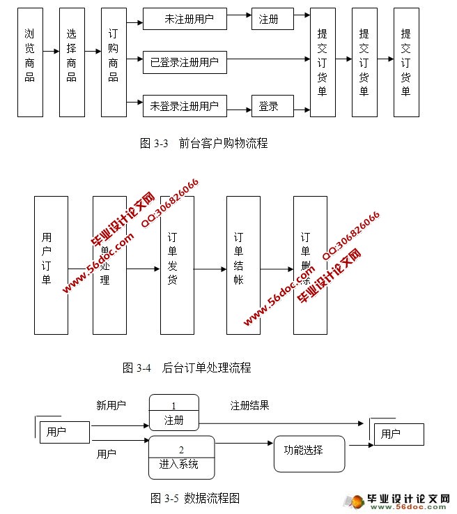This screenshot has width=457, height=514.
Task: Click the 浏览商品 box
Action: (x=30, y=63)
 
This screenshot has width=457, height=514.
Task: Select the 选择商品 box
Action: (x=72, y=63)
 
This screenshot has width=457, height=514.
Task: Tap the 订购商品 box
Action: (x=114, y=63)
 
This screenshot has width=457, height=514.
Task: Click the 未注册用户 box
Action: (x=185, y=19)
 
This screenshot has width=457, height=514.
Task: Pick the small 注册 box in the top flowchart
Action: (x=268, y=19)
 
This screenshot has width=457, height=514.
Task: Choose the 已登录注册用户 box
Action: (x=185, y=63)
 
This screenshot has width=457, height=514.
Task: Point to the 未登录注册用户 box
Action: (x=185, y=106)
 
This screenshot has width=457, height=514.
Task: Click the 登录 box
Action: (x=268, y=106)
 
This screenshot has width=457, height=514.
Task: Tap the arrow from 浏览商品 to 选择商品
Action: (x=51, y=50)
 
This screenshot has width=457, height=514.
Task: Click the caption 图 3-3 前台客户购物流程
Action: (x=203, y=144)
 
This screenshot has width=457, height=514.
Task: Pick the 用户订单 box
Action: (x=51, y=265)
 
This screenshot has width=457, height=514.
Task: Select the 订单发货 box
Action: (x=177, y=265)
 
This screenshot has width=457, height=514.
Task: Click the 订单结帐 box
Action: (x=243, y=265)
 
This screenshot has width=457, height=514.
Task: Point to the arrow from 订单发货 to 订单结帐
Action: (x=210, y=269)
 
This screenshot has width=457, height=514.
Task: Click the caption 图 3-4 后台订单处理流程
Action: (x=186, y=368)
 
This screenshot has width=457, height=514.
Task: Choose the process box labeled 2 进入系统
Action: (x=181, y=458)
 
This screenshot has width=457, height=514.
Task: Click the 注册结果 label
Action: (x=249, y=405)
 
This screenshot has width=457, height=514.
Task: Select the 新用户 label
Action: (x=111, y=405)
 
